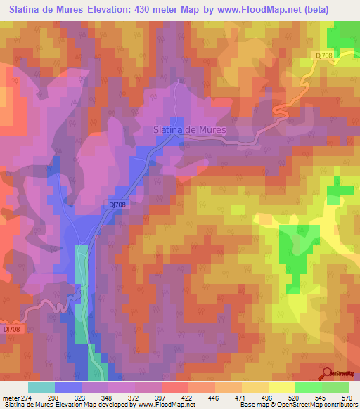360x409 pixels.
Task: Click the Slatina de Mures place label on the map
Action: (x=189, y=129)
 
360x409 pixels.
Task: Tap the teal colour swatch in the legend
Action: (x=41, y=388)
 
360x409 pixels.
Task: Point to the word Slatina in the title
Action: (x=29, y=9)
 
